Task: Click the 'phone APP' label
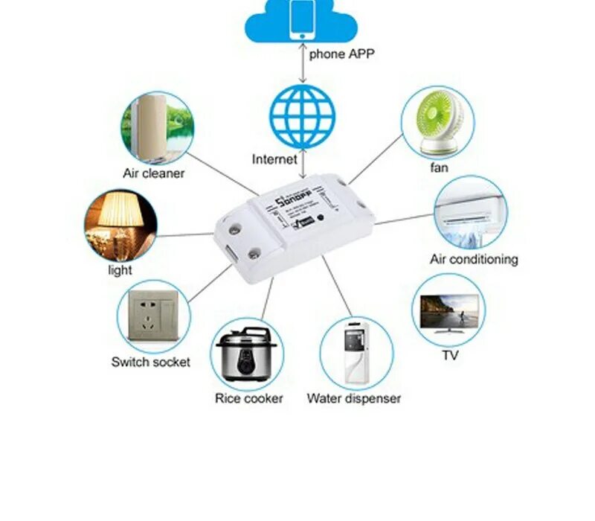(x=341, y=54)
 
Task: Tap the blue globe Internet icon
(x=302, y=117)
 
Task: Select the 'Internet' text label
(x=274, y=159)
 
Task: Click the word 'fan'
(x=440, y=167)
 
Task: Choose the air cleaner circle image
(x=157, y=127)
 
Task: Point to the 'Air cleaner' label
(x=153, y=173)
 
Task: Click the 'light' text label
(x=120, y=270)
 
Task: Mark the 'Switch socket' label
(x=151, y=362)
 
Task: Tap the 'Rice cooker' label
(x=249, y=399)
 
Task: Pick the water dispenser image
(x=356, y=353)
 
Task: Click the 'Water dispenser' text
(x=354, y=399)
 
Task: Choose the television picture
(x=449, y=310)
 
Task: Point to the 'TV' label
(x=451, y=356)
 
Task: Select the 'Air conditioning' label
(x=474, y=260)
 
